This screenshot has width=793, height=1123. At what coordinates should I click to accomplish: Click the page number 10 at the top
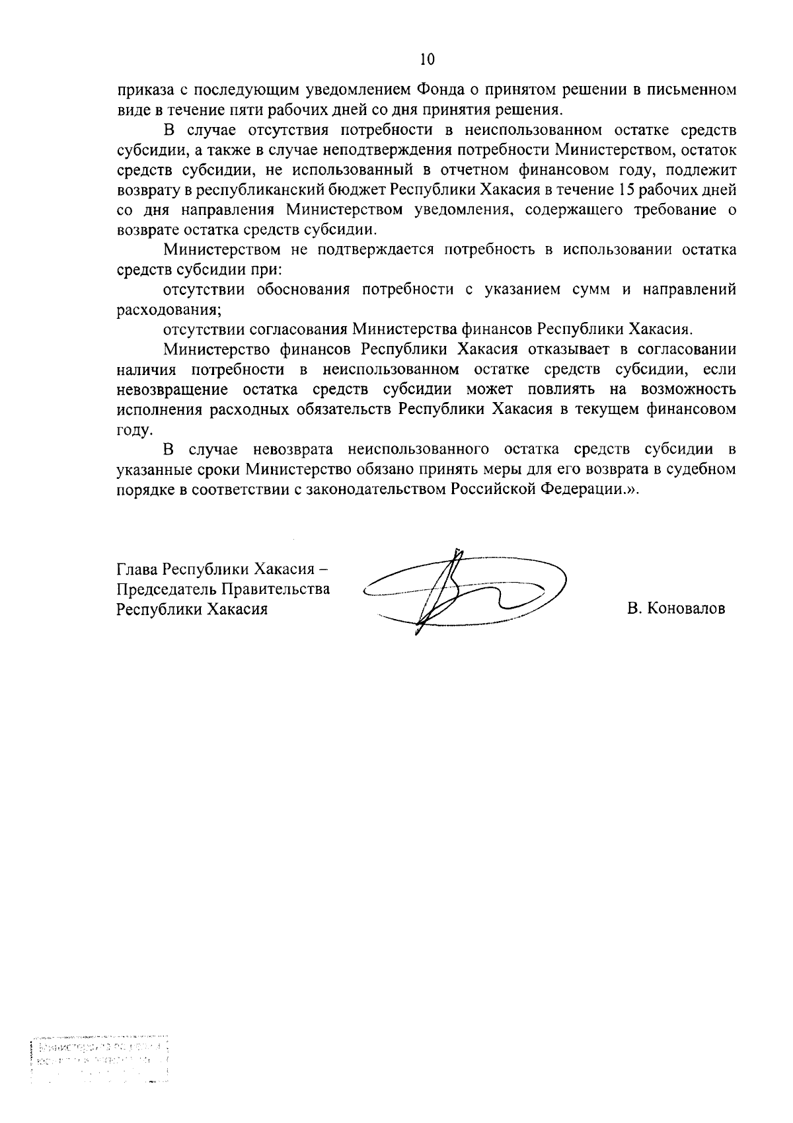tap(427, 60)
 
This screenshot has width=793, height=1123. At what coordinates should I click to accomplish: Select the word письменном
tap(694, 90)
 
